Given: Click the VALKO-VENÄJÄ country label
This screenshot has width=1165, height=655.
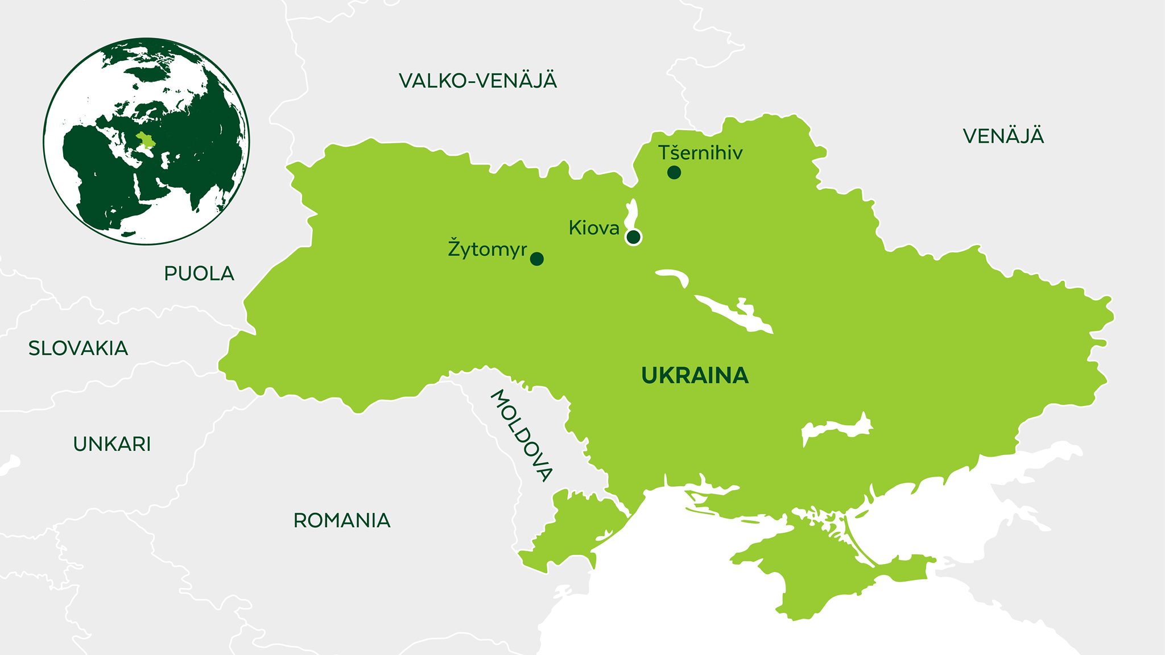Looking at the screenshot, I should [478, 81].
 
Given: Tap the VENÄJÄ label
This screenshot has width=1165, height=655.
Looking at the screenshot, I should [1003, 136].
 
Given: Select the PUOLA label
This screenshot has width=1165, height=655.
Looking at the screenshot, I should [199, 273].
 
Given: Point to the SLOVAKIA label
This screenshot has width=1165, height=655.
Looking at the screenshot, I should [79, 348].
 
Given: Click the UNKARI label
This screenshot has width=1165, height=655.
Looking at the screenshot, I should [112, 444].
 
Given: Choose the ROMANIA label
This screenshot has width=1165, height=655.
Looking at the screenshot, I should [342, 520].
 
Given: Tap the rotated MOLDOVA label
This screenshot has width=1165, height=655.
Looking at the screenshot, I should [521, 436].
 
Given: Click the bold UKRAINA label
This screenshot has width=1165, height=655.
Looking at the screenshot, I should [695, 376].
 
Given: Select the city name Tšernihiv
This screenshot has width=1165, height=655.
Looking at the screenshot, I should [700, 153].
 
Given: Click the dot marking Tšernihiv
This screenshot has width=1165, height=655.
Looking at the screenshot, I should [674, 172].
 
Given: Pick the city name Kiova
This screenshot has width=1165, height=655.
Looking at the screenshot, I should [594, 228].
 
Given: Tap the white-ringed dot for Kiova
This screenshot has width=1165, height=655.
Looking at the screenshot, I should [633, 237].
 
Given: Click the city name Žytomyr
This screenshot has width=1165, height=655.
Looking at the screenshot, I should [487, 249].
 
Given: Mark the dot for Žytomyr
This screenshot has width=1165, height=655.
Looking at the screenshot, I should [536, 259].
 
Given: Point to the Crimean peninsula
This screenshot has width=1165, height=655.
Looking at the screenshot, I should [819, 574].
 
